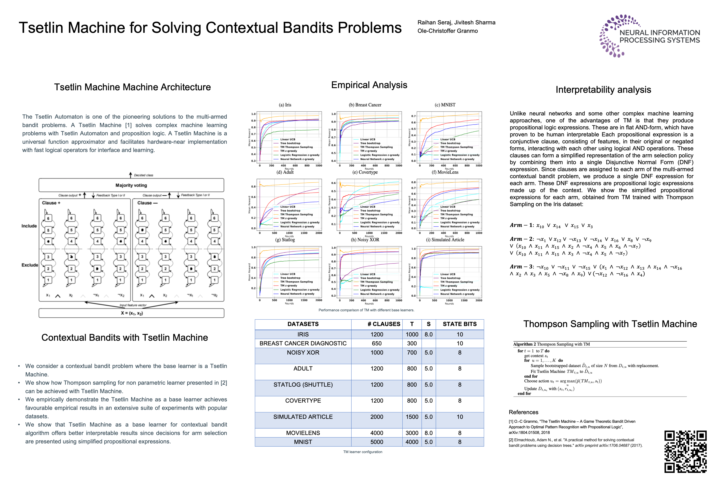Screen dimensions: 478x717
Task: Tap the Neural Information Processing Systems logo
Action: [649, 36]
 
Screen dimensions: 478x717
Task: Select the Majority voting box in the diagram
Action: [131, 185]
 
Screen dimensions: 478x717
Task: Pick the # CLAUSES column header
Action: [383, 324]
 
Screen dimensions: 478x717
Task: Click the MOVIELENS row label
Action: [303, 433]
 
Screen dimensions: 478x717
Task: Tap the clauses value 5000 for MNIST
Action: [377, 442]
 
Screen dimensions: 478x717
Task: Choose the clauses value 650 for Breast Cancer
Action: [377, 343]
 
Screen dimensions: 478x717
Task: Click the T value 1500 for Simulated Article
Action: [412, 417]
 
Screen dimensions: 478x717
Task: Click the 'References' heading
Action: [523, 412]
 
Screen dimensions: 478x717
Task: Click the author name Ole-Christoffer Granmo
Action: [448, 31]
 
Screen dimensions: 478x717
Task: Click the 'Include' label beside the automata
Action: [29, 226]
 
